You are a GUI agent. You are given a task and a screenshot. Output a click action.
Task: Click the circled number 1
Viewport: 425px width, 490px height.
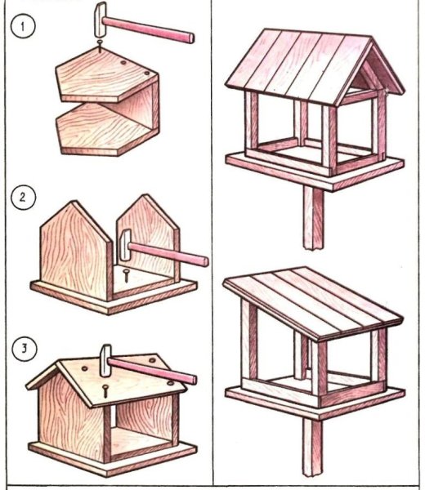point(23,27)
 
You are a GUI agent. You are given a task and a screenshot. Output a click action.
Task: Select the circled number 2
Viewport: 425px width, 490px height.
point(23,198)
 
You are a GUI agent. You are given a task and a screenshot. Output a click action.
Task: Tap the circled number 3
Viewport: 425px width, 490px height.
point(24,349)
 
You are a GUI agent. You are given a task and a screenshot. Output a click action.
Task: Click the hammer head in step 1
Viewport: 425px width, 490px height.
point(100,20)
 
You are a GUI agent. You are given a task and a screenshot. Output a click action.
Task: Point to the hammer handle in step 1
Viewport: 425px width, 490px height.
point(148,29)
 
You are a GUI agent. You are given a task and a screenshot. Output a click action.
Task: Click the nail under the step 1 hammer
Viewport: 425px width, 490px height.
point(100,45)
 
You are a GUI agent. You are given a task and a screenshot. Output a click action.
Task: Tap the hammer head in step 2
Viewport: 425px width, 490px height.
point(126,245)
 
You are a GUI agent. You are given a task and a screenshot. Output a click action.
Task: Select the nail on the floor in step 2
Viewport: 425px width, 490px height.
point(126,276)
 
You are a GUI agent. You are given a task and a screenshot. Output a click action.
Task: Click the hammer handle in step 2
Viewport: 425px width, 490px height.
point(168,254)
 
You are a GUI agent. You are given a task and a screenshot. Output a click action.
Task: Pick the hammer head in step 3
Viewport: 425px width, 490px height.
point(105,360)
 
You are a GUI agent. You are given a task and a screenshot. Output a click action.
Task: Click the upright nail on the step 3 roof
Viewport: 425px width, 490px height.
point(105,391)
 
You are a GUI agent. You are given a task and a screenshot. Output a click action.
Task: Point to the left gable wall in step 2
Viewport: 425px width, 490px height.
point(76,251)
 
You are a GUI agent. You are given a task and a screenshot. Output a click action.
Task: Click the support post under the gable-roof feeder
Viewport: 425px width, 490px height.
point(313,218)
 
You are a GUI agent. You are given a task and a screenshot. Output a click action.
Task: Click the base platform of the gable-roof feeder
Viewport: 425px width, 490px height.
point(315,171)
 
